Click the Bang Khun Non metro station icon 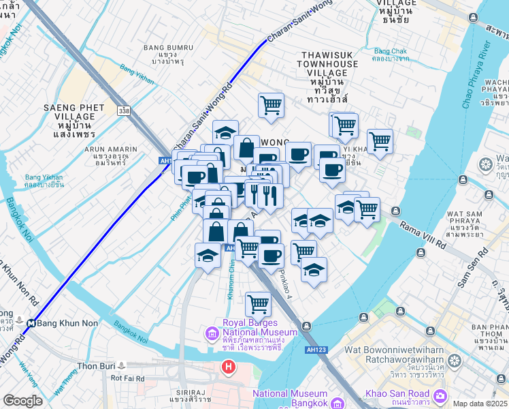[x=31, y=323]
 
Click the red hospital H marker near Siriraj [x=229, y=367]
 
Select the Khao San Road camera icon [x=441, y=395]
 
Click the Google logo [x=22, y=401]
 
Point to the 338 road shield [x=123, y=110]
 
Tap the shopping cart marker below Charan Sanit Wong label [x=271, y=105]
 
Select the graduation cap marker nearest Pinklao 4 [x=314, y=269]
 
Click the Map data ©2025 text [x=480, y=404]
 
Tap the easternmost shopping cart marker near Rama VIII [x=380, y=141]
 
